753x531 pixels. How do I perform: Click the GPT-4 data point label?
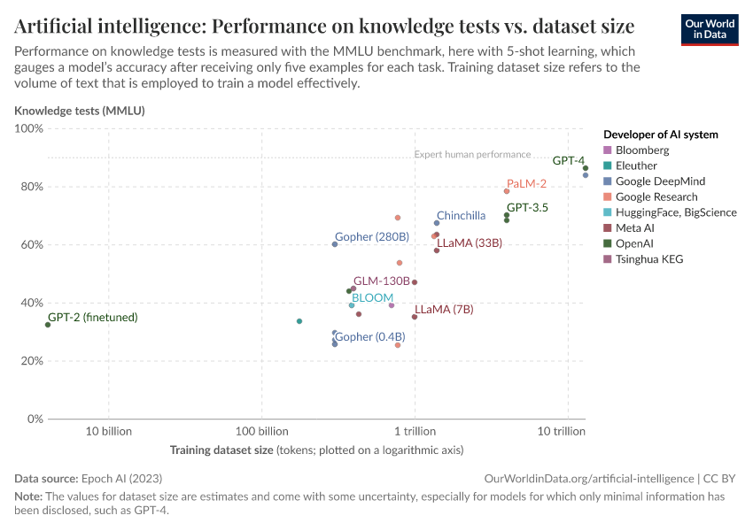568,161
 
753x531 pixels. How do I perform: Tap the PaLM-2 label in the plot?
526,183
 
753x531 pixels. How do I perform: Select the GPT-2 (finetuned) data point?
48,325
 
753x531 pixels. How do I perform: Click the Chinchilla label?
461,215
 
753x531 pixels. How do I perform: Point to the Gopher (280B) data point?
335,244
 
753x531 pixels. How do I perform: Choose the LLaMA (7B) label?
444,309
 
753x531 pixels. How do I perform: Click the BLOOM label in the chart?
372,297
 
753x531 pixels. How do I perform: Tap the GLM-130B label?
381,281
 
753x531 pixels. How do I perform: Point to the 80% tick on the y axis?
30,187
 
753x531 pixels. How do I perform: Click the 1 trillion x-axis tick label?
415,432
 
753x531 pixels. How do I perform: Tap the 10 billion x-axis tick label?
108,432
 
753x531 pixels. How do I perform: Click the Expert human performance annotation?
472,154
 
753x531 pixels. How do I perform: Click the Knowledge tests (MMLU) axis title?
79,111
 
